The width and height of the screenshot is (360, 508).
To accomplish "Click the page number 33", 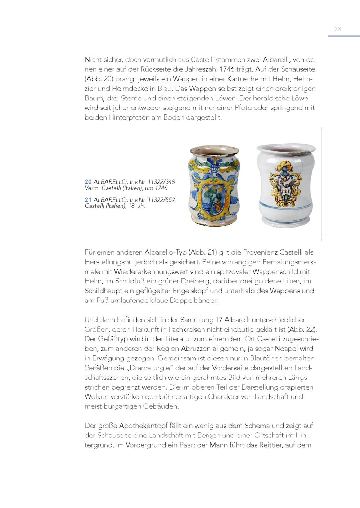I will click(x=337, y=30).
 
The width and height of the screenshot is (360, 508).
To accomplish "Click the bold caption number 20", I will click(x=88, y=182).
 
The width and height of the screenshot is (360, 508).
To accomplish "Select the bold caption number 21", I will click(x=88, y=200).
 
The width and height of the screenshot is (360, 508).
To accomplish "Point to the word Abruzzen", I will click(x=203, y=349).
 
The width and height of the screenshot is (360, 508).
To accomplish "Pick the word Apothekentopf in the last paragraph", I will click(x=143, y=426).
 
